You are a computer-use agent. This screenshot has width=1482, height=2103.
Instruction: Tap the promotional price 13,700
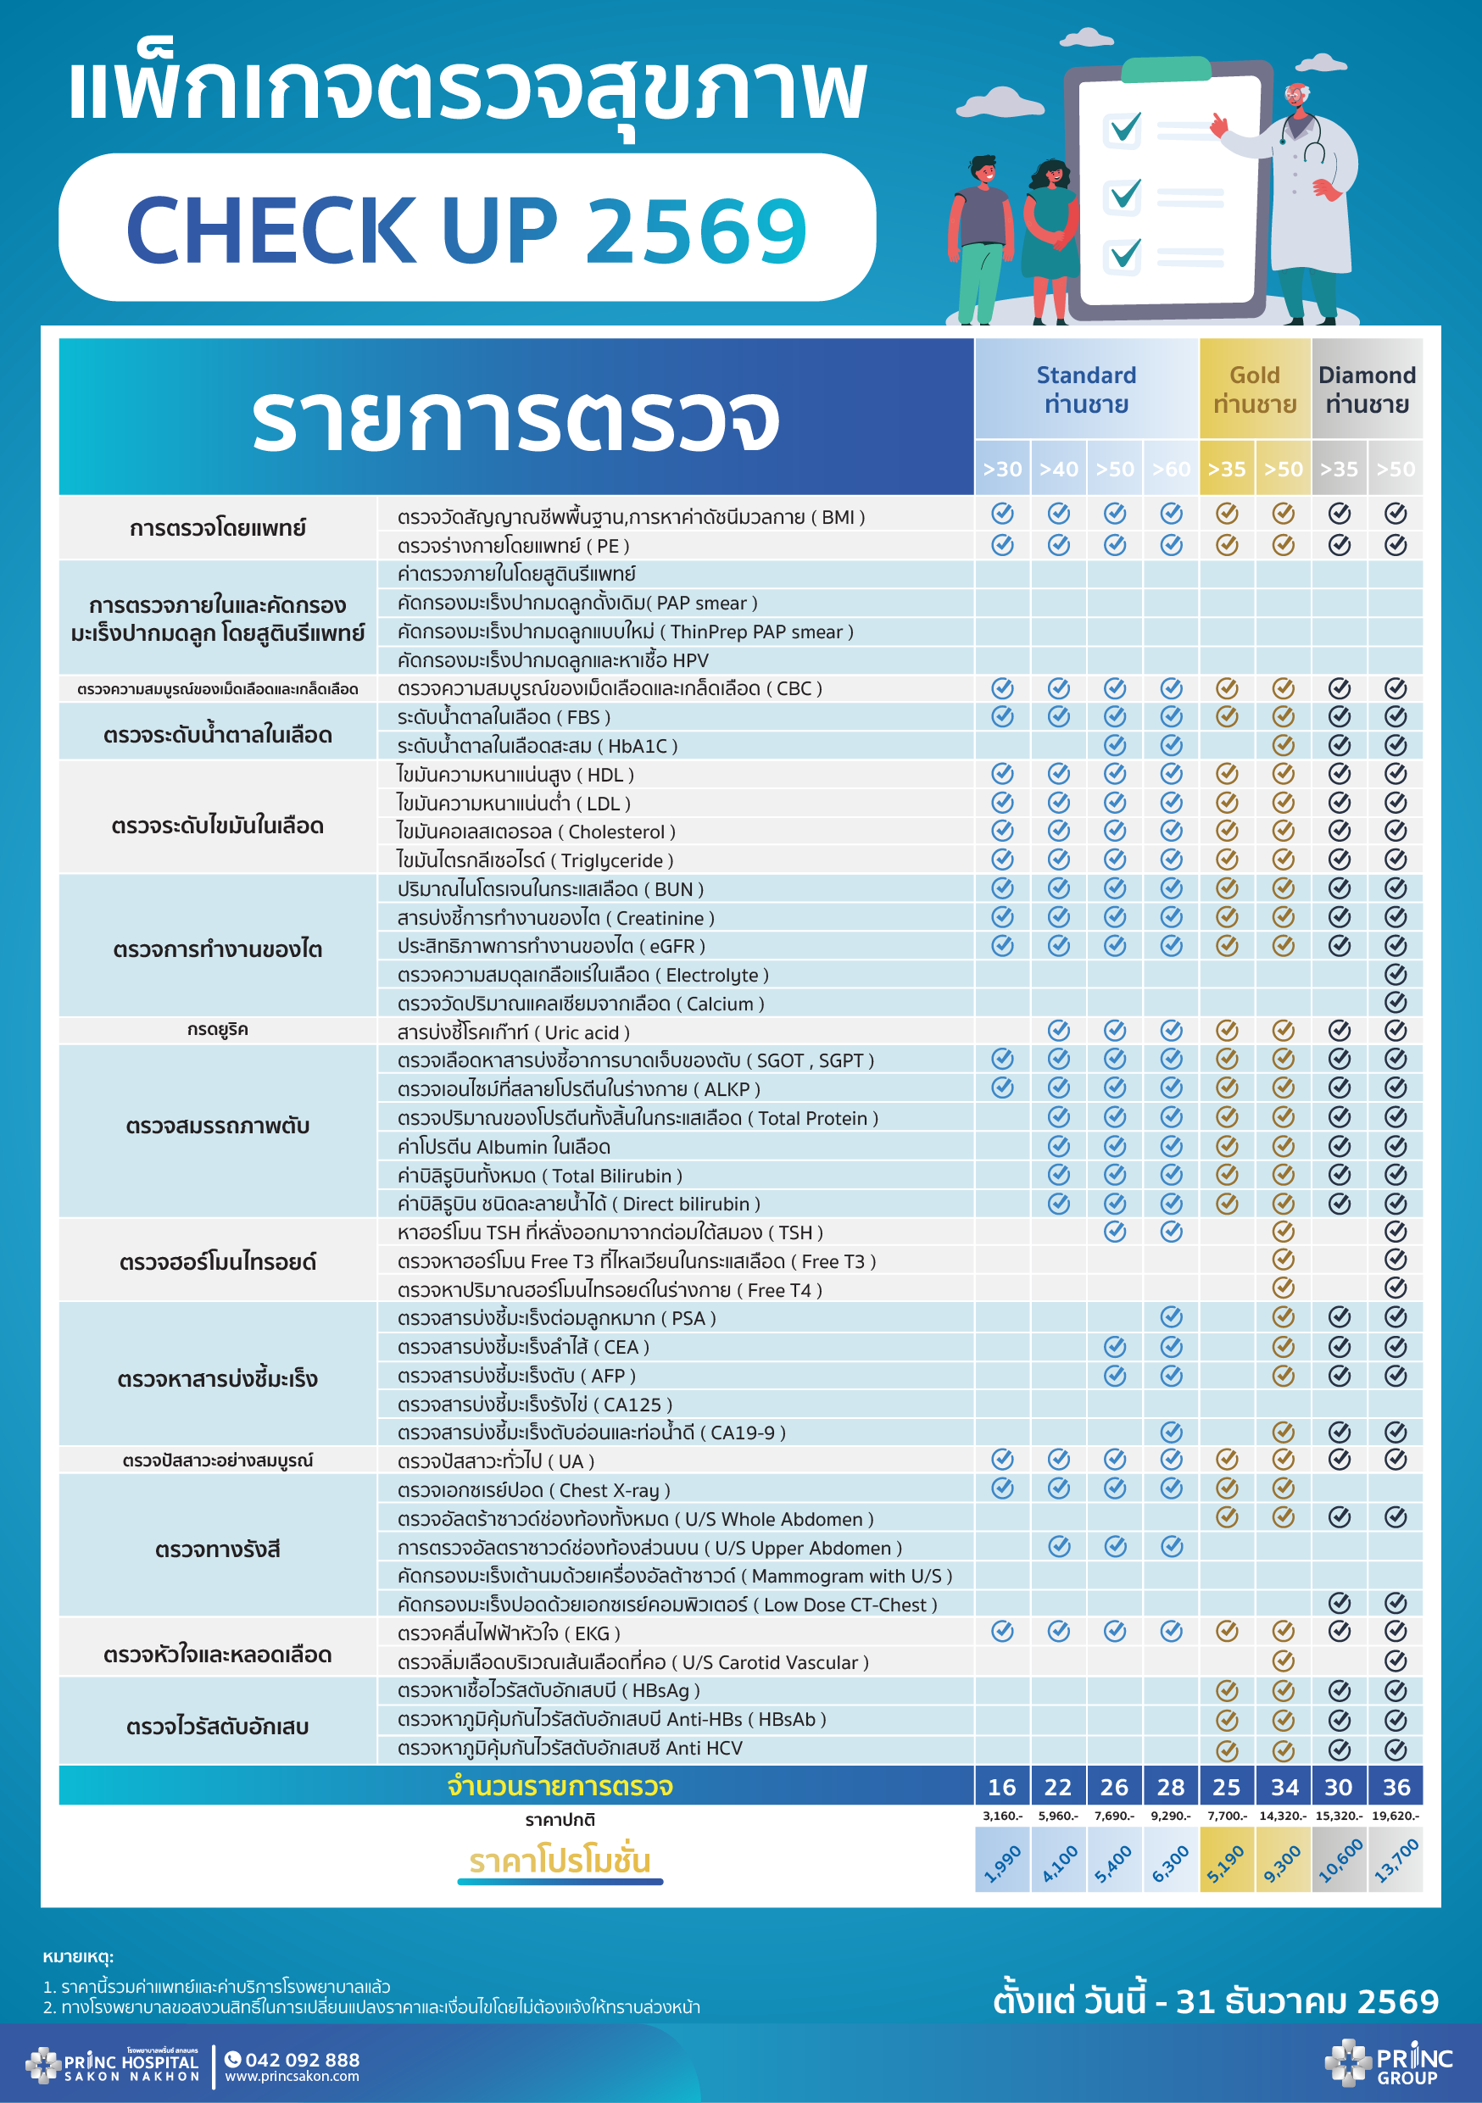click(x=1396, y=1861)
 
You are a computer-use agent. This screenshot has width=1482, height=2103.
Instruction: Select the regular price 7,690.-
click(x=1114, y=1816)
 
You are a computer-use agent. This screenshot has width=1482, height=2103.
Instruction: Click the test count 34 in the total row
click(x=1284, y=1787)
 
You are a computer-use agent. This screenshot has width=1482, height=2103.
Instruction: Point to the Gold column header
click(x=1255, y=388)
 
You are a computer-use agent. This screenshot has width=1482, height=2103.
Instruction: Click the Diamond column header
click(x=1367, y=388)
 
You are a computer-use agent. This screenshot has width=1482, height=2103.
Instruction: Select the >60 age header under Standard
click(x=1171, y=469)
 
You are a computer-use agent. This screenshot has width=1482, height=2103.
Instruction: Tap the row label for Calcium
click(x=580, y=1004)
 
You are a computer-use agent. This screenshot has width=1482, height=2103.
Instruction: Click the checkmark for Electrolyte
click(x=1395, y=974)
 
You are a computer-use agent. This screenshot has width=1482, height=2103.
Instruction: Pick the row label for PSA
click(x=556, y=1318)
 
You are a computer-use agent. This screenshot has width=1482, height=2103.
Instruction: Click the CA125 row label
click(x=534, y=1405)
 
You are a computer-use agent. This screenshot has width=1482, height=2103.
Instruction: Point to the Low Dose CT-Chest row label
click(x=666, y=1605)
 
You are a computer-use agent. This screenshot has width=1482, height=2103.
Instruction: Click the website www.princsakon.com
click(x=292, y=2077)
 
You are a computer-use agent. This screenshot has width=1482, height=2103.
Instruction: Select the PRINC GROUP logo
click(x=1388, y=2062)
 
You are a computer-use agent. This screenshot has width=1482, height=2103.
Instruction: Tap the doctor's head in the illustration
click(x=1296, y=96)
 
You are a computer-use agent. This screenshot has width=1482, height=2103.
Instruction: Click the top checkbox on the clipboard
click(x=1124, y=128)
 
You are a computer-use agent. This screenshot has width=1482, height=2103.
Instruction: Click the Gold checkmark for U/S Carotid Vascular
click(x=1284, y=1661)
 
